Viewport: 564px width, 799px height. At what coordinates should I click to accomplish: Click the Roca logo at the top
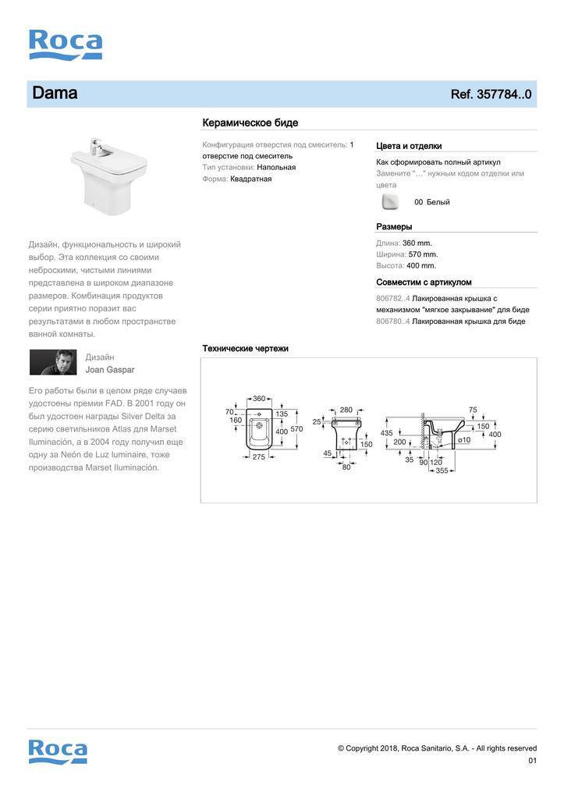tap(66, 44)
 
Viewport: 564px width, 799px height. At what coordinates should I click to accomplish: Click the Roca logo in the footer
tap(58, 751)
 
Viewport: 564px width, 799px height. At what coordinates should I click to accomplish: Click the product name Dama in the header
tap(55, 94)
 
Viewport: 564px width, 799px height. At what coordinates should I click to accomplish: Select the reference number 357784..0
tap(491, 94)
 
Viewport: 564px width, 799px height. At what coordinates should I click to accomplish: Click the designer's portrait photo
tap(53, 362)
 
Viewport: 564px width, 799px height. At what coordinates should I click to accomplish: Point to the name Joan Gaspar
tap(110, 370)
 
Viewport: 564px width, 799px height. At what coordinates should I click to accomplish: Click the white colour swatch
tap(390, 202)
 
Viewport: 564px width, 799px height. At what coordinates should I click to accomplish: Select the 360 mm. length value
tap(417, 243)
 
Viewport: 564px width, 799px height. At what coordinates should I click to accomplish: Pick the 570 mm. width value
tap(423, 254)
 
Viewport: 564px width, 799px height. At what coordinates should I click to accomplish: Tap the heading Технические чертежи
tap(245, 348)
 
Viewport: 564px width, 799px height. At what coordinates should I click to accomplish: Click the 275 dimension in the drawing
tap(259, 457)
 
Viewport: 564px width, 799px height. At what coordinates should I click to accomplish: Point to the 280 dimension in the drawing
tap(346, 410)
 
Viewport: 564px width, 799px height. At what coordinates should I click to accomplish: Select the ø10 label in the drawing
tap(463, 440)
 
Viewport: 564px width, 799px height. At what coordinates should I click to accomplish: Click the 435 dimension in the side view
tap(386, 433)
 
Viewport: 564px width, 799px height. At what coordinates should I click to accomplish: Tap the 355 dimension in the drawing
tap(442, 471)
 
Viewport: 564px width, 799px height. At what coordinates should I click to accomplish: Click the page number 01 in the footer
tap(532, 761)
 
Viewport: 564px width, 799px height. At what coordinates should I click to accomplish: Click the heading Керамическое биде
tap(250, 123)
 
